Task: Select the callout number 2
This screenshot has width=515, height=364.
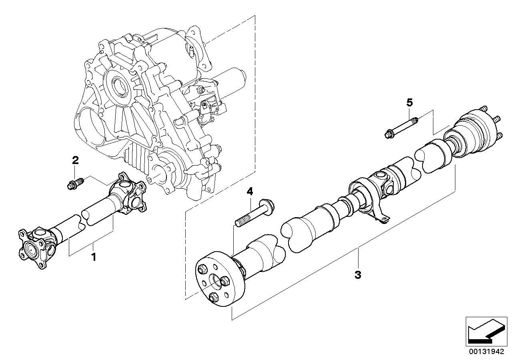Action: (75, 160)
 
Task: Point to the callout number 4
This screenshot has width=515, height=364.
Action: (250, 192)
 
